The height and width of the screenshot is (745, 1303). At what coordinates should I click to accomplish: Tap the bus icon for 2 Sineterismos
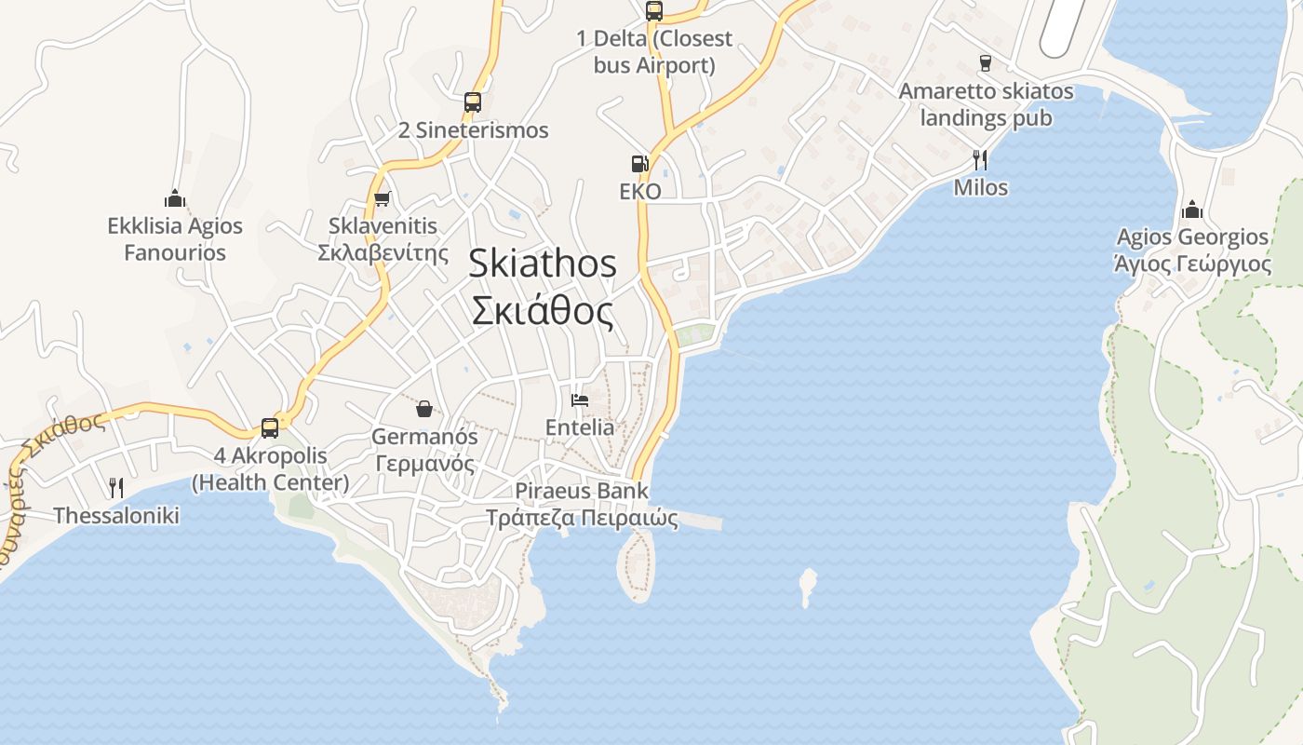pos(473,102)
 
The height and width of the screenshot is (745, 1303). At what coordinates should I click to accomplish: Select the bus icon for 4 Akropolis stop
pos(270,428)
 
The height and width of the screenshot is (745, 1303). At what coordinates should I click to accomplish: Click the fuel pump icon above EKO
pos(639,164)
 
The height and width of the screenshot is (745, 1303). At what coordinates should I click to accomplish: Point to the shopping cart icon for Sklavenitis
pos(382,198)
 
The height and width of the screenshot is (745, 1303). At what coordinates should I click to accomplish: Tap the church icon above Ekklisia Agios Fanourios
pos(175,198)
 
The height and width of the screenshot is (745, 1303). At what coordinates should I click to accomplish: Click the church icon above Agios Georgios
pos(1192,210)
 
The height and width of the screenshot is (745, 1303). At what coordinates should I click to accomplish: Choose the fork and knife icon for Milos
pos(980,160)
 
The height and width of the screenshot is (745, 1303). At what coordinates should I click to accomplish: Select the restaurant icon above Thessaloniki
pos(116,487)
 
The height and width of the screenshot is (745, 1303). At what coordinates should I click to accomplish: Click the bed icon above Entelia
pos(580,400)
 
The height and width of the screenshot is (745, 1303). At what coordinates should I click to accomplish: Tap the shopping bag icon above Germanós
pos(424,409)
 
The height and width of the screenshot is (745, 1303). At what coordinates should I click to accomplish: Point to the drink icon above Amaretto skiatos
pos(985,63)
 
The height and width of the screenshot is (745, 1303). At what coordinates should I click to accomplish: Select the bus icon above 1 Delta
pos(654,11)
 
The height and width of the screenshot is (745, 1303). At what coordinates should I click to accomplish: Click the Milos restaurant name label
pos(981,187)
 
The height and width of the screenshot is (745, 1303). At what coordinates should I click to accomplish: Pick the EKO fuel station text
pos(640,192)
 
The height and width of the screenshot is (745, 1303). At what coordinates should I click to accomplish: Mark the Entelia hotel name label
pos(580,427)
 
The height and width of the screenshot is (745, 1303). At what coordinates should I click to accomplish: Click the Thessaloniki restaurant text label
pos(116,515)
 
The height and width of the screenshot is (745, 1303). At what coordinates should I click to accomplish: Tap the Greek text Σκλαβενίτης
pos(383,252)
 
